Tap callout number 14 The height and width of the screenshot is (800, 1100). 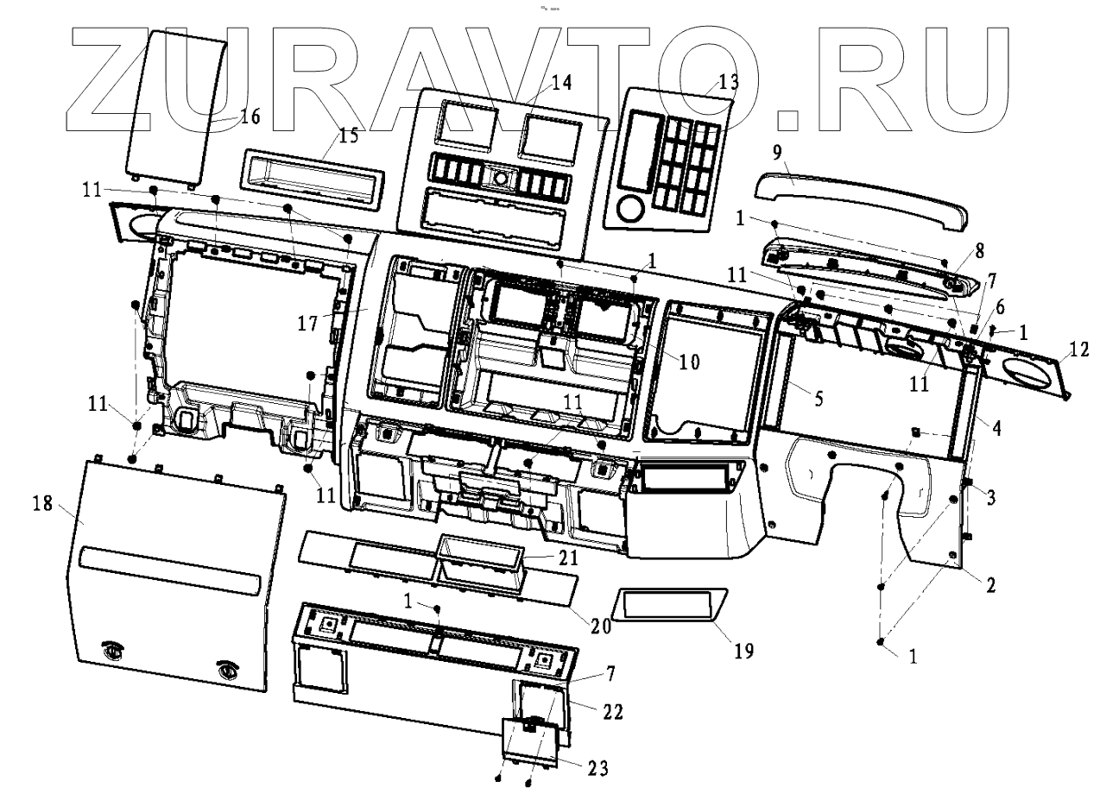click(x=562, y=83)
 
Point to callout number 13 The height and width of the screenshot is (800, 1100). click(x=729, y=82)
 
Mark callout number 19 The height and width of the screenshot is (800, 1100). click(x=743, y=649)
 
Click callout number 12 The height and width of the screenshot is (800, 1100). click(x=1079, y=349)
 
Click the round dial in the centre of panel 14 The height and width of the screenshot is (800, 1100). click(x=500, y=179)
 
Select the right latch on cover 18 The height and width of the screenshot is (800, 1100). click(x=227, y=667)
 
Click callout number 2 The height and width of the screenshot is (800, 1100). click(x=991, y=585)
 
